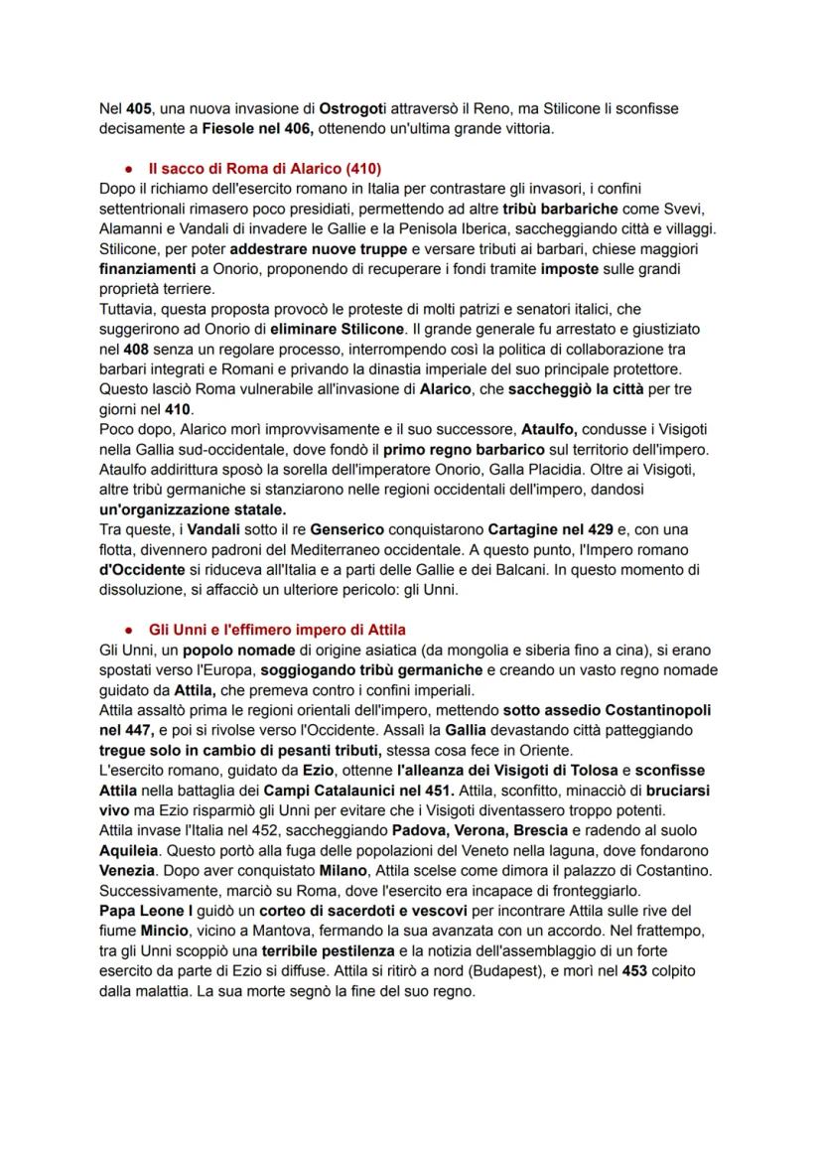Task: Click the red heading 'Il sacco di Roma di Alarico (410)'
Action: (x=264, y=169)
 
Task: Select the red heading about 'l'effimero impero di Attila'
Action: (x=277, y=630)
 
